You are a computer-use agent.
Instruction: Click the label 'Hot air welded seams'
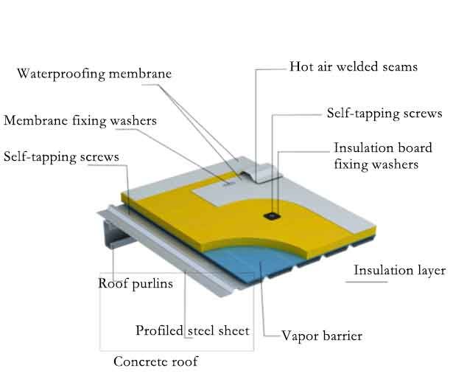tap(354, 67)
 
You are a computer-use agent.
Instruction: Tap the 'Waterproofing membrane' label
tap(94, 74)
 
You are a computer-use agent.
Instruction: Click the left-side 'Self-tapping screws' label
tap(61, 156)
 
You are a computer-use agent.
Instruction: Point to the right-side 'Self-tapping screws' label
tap(384, 114)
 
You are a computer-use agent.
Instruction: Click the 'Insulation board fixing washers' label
tap(382, 156)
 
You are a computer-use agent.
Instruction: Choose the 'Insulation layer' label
tap(399, 271)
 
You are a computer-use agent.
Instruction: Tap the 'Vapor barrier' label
tap(322, 336)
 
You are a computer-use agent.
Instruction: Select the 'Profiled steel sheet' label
tap(193, 330)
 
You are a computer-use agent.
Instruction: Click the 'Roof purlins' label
tap(136, 283)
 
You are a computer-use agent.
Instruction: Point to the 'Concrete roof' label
tap(155, 362)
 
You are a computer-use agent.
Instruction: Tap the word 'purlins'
tap(153, 283)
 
